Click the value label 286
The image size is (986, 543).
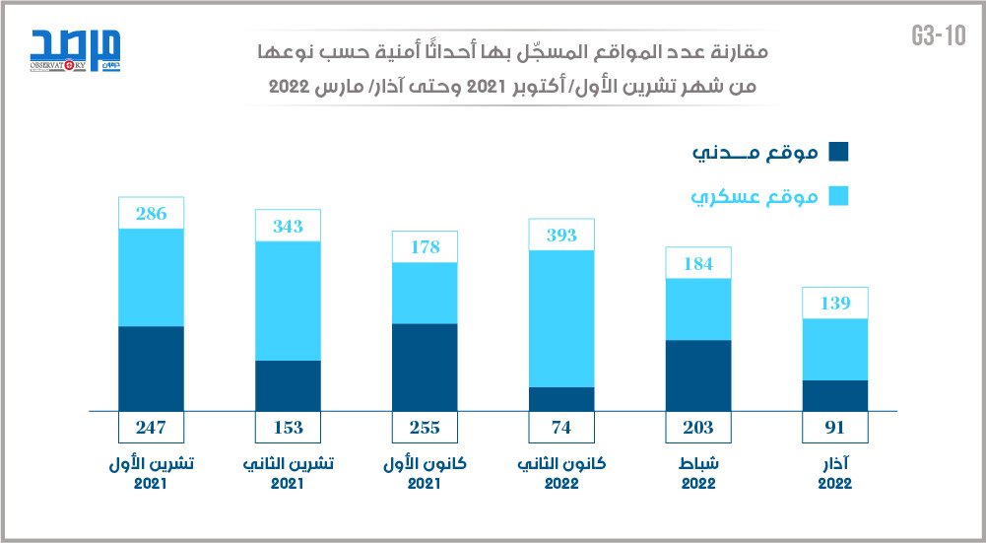pos(151,213)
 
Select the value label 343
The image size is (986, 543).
pos(288,226)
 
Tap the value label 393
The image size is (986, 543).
pos(561,235)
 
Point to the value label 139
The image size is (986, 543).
pos(835,303)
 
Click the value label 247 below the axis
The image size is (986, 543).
pos(151,427)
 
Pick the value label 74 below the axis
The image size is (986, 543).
pos(561,427)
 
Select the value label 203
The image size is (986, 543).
pos(698,427)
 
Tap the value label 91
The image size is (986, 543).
pos(835,427)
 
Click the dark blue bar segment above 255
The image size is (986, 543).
pos(425,367)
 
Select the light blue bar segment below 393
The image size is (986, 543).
pos(561,318)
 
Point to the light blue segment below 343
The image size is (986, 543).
pos(288,301)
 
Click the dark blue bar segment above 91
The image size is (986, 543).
pos(835,395)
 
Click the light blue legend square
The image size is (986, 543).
pos(838,197)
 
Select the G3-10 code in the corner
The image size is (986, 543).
pos(938,37)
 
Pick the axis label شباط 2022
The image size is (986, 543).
pos(698,473)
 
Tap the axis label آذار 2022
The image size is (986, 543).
pos(835,473)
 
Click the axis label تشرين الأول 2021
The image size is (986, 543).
pos(151,473)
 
